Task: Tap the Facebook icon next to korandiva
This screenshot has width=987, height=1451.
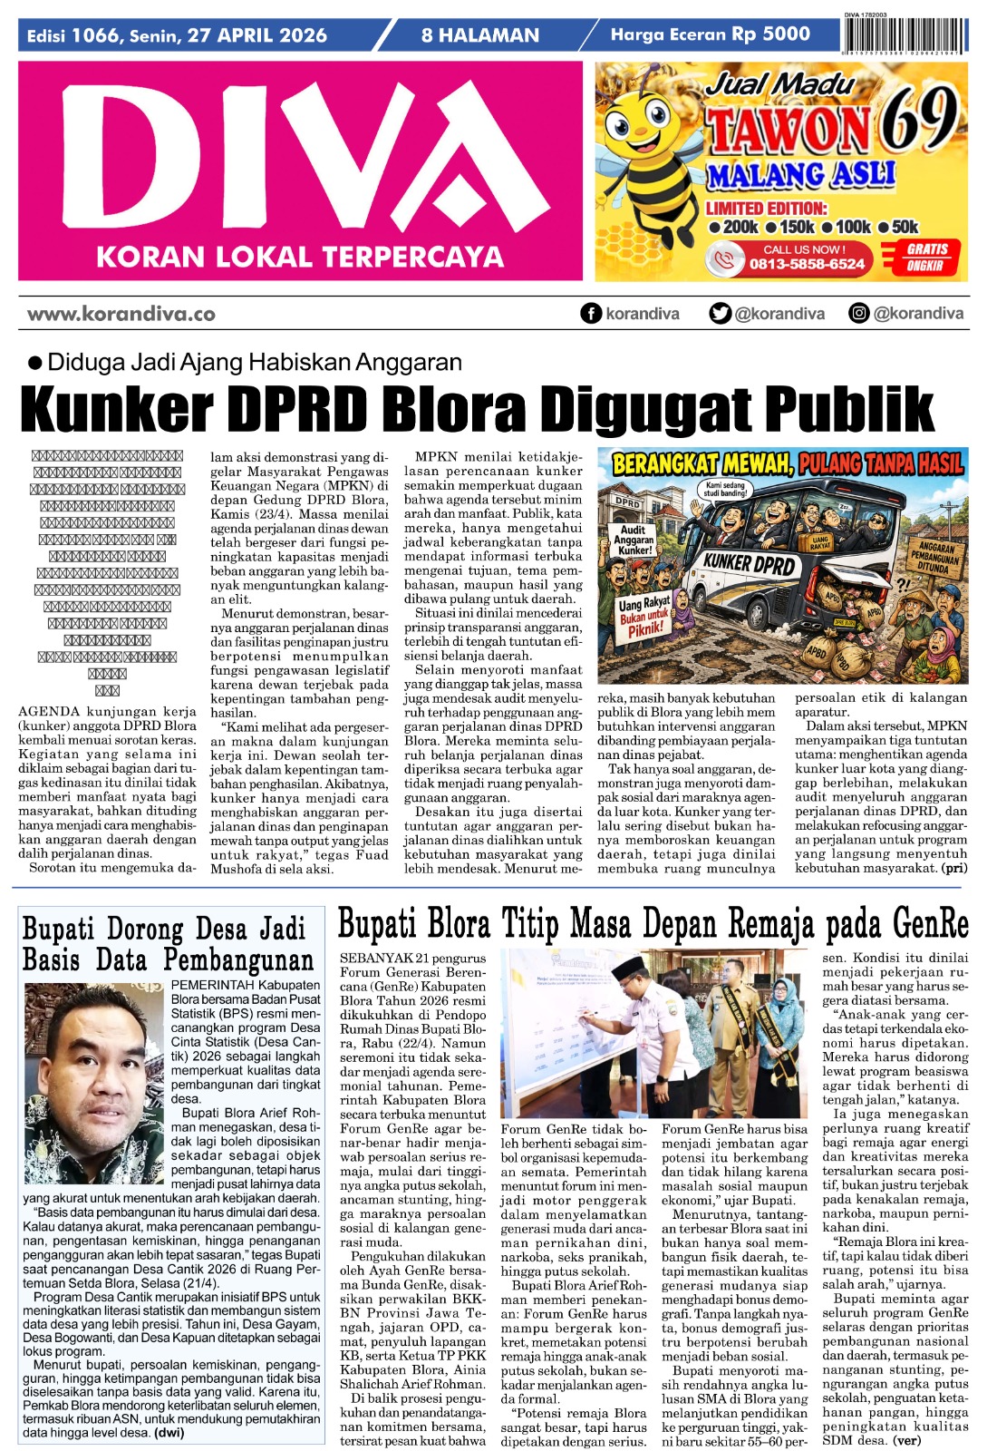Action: pyautogui.click(x=591, y=314)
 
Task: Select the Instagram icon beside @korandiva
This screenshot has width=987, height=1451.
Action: pyautogui.click(x=858, y=314)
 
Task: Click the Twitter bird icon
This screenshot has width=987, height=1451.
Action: pyautogui.click(x=721, y=314)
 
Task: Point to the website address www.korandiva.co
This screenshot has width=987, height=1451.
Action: pyautogui.click(x=121, y=314)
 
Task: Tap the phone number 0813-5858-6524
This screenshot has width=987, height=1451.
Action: pyautogui.click(x=807, y=264)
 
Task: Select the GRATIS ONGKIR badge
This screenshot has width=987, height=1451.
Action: pyautogui.click(x=926, y=258)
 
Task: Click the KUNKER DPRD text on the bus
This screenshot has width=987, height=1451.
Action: pyautogui.click(x=748, y=563)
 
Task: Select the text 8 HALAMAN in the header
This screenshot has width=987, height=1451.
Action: pyautogui.click(x=479, y=35)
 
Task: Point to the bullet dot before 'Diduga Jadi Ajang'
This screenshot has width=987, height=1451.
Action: pyautogui.click(x=35, y=363)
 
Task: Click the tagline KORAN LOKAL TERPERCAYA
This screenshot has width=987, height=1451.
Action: pyautogui.click(x=299, y=258)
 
